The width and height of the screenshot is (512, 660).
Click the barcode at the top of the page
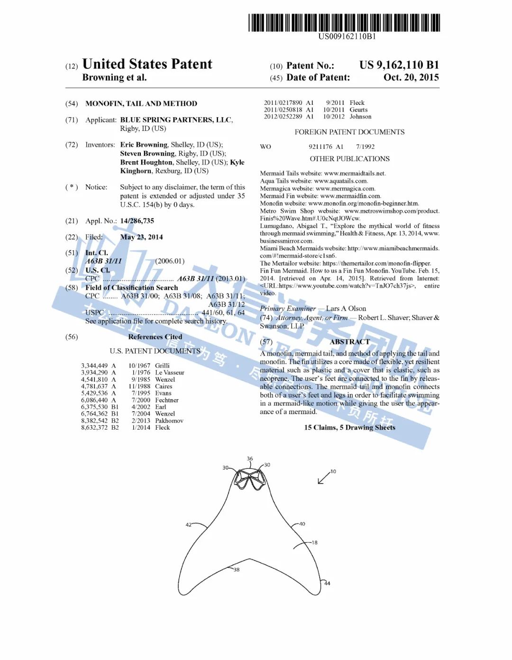click(344, 23)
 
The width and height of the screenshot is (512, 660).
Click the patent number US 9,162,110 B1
click(399, 65)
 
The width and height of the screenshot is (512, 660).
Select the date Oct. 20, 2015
click(411, 77)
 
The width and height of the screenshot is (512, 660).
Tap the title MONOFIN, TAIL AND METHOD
click(141, 103)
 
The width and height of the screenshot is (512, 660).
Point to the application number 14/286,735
click(137, 221)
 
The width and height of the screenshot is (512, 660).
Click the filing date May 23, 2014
click(141, 237)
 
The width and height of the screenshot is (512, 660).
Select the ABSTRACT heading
click(349, 342)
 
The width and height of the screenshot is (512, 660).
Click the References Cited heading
click(155, 337)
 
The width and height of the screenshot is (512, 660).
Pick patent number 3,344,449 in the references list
click(94, 366)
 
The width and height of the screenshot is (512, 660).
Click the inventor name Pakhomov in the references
click(169, 421)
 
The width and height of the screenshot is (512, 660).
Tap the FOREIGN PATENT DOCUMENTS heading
click(349, 132)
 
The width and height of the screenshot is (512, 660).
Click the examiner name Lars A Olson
click(346, 309)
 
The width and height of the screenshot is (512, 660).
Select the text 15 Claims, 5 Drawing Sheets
click(349, 428)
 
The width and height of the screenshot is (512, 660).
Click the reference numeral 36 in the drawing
click(250, 458)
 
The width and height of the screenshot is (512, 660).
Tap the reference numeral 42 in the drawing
click(189, 525)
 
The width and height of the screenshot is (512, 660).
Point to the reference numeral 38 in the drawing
click(237, 569)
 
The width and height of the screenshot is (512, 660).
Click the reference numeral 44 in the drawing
click(327, 583)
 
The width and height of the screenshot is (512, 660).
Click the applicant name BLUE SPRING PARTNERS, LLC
click(176, 120)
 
